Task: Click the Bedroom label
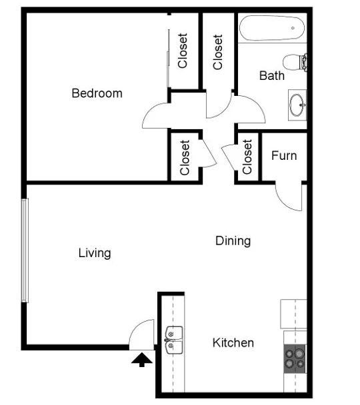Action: click(97, 93)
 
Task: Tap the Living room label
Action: click(95, 253)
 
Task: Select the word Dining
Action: click(233, 240)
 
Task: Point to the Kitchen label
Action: click(233, 343)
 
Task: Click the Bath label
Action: click(271, 76)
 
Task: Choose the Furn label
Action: click(283, 156)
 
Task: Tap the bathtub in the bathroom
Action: click(272, 29)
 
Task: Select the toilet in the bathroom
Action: click(294, 63)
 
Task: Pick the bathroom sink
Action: click(298, 105)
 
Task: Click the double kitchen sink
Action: click(174, 338)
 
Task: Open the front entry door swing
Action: click(141, 334)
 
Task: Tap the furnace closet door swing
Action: click(288, 195)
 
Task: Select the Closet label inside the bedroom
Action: click(183, 51)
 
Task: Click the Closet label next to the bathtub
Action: click(218, 52)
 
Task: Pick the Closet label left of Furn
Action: click(247, 157)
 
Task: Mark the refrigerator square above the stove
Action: click(293, 314)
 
